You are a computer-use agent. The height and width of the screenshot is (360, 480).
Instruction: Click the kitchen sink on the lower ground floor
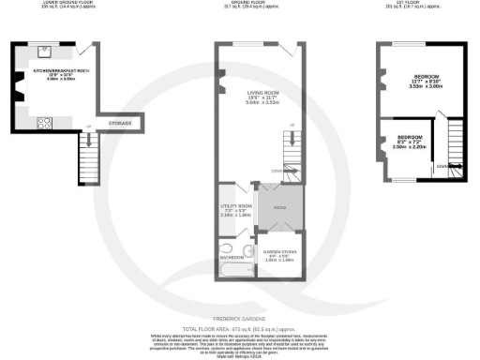pos(45,52)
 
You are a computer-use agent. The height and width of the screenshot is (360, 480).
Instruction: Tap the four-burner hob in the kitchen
pos(42,122)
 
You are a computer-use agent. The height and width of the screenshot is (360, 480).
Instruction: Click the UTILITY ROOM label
pos(236,204)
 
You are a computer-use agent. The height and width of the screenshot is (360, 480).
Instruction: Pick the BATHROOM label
pos(232,255)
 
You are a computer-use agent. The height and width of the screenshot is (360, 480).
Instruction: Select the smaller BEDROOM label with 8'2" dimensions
pos(410,138)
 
